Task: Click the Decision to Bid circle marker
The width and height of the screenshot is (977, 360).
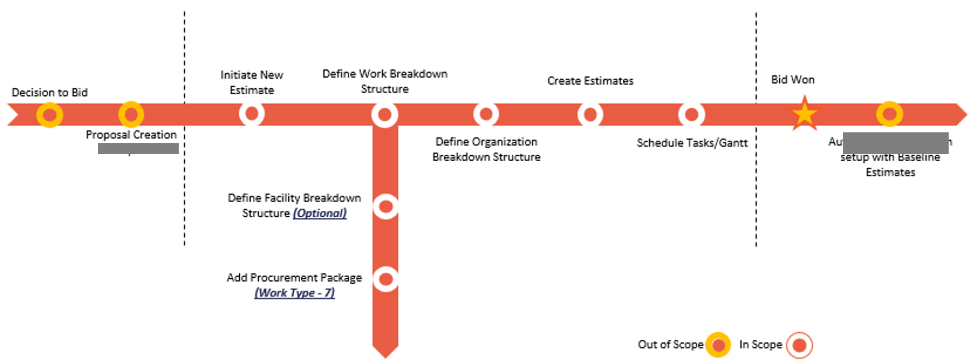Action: point(50,115)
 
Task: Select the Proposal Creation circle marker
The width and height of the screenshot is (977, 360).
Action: point(131,115)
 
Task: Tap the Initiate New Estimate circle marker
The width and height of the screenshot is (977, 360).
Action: point(252,114)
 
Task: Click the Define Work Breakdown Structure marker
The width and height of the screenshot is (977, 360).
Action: point(385,115)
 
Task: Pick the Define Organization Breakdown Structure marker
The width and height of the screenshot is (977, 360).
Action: point(486,114)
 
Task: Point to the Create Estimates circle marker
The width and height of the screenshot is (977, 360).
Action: point(590,115)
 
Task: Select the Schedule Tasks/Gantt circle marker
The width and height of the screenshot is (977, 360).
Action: point(691,115)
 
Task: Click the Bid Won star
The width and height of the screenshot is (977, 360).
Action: point(804,114)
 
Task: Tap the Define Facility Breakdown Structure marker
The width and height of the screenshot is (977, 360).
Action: point(386,206)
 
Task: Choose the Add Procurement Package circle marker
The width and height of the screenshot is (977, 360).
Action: point(386,279)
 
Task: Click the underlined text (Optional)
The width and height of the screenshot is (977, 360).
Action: point(320,213)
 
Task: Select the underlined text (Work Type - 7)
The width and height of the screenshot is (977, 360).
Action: point(294,293)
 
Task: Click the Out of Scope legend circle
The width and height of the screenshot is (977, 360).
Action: point(718,345)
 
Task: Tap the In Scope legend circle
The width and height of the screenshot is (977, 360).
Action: point(799,345)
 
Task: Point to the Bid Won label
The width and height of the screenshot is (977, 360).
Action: point(793,80)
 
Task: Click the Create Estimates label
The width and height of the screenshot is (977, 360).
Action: point(590,81)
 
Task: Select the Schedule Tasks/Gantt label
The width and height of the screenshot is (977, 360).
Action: point(692,143)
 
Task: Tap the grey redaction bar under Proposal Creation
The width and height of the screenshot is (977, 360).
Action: point(138,149)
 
